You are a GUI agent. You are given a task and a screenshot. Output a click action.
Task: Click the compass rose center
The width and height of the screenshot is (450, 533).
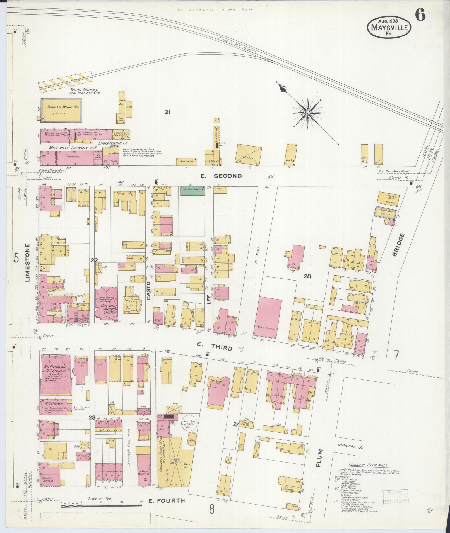point(307,113)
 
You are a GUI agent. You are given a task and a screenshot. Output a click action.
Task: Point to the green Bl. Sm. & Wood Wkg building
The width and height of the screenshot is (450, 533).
point(193,191)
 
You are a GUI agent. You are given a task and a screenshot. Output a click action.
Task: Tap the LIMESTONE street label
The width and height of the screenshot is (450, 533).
point(28,263)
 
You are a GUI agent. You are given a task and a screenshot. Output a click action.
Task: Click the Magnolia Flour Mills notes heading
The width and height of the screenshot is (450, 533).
point(369,465)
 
